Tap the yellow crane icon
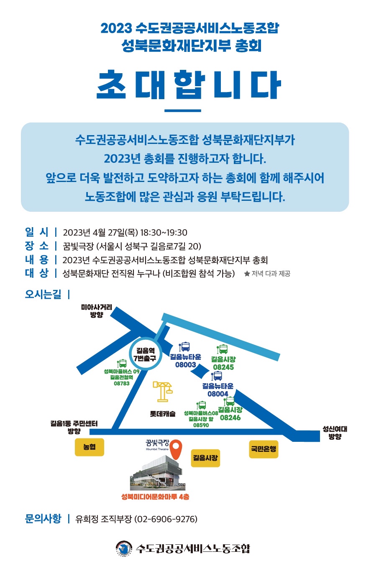pos(163,392)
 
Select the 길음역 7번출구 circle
pos(145,354)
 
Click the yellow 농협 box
pos(90,447)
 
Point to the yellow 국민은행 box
pos(264,449)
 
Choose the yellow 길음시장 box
pos(205,458)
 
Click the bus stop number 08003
pos(186,364)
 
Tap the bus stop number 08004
pos(218,394)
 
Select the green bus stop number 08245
pos(223,367)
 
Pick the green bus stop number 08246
pos(230,418)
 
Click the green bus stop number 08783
pos(122,383)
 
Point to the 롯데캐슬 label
pos(163,414)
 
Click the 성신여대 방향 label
pos(335,433)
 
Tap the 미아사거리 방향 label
pos(97,311)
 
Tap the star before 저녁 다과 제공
pos(247,274)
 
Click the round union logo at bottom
pos(124,548)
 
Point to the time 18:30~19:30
pos(164,233)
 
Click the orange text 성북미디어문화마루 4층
pos(155,497)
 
